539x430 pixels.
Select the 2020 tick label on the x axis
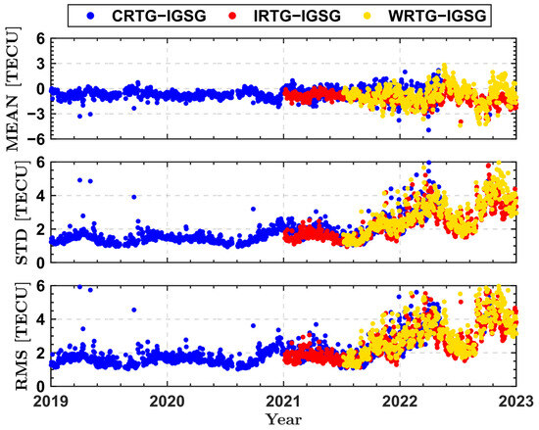coord(167,401)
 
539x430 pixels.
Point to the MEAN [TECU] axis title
coord(14,91)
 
